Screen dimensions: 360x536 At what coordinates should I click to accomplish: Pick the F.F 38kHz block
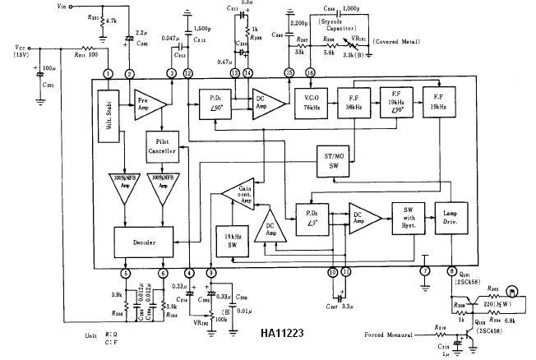[353, 104]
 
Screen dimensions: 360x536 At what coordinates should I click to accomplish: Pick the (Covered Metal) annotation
[402, 41]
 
